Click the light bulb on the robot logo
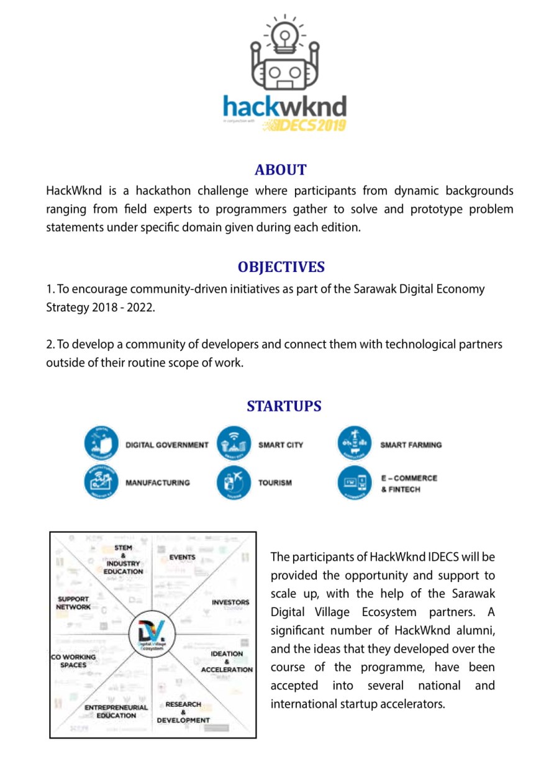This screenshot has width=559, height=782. point(284,35)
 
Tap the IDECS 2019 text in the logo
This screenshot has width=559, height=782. point(304,125)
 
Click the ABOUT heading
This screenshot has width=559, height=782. point(281,170)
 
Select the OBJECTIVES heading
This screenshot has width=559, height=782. point(281,267)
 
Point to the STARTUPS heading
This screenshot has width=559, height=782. point(284,406)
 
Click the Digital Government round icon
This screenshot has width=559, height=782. point(101,443)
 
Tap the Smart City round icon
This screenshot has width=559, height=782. point(234,443)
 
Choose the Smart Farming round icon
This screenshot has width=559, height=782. point(354,443)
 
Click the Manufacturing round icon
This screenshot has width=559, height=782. point(101,482)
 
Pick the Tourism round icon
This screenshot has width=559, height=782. point(234,482)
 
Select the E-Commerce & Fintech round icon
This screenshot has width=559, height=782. point(354,483)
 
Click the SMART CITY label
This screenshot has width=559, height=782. point(281,445)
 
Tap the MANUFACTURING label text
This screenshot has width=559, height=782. point(158,483)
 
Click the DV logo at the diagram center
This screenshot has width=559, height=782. point(152,635)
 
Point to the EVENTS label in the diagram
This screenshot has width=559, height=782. point(183,557)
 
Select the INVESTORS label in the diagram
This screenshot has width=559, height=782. point(230,602)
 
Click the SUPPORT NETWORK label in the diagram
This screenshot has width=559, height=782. point(73,603)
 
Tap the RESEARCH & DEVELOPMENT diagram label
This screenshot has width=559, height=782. point(183,712)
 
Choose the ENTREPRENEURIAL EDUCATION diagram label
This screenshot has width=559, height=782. point(116,711)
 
